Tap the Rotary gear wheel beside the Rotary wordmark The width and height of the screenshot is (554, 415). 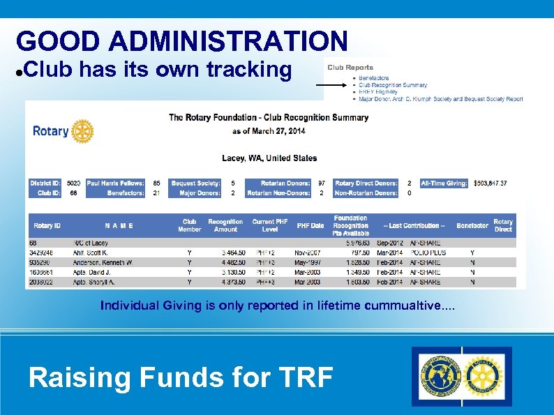pyautogui.click(x=82, y=131)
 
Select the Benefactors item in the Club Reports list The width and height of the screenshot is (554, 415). pyautogui.click(x=374, y=77)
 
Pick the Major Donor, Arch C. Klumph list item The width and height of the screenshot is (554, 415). pyautogui.click(x=440, y=99)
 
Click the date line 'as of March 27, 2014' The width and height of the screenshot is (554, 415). pyautogui.click(x=269, y=131)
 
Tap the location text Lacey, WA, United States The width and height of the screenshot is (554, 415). pyautogui.click(x=269, y=158)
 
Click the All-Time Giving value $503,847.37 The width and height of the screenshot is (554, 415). pyautogui.click(x=491, y=183)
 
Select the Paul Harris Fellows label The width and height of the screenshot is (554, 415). pyautogui.click(x=115, y=183)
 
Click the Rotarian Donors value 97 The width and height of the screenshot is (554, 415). pyautogui.click(x=322, y=183)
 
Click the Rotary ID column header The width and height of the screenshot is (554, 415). pyautogui.click(x=47, y=225)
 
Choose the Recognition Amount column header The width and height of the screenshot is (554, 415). pyautogui.click(x=225, y=225)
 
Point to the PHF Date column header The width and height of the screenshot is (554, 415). pyautogui.click(x=310, y=225)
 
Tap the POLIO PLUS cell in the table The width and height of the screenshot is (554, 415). pyautogui.click(x=426, y=252)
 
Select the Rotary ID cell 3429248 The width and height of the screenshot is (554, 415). pyautogui.click(x=42, y=252)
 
